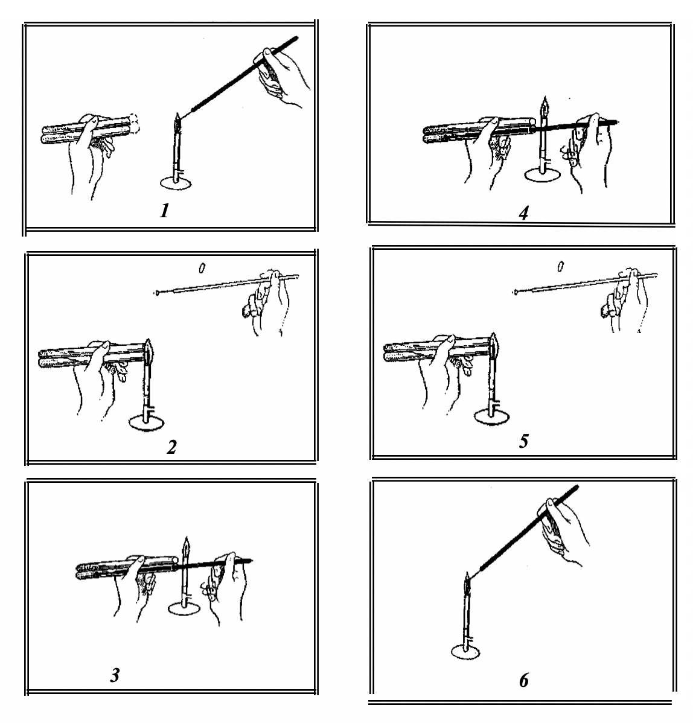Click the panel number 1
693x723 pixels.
pyautogui.click(x=164, y=211)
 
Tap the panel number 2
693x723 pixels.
pyautogui.click(x=171, y=447)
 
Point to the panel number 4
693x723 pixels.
pyautogui.click(x=523, y=213)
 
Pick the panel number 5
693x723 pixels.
pyautogui.click(x=524, y=441)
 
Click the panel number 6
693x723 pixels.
pyautogui.click(x=524, y=681)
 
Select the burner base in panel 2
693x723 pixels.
pyautogui.click(x=147, y=422)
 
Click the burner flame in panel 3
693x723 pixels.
pyautogui.click(x=187, y=547)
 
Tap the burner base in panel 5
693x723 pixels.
pyautogui.click(x=492, y=416)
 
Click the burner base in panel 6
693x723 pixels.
pyautogui.click(x=465, y=652)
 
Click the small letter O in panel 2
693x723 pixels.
pyautogui.click(x=202, y=268)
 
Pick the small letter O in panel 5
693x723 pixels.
pyautogui.click(x=561, y=267)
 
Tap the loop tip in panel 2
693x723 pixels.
pyautogui.click(x=158, y=292)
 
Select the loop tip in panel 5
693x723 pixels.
pyautogui.click(x=515, y=291)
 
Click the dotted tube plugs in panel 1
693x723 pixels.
pyautogui.click(x=135, y=124)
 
